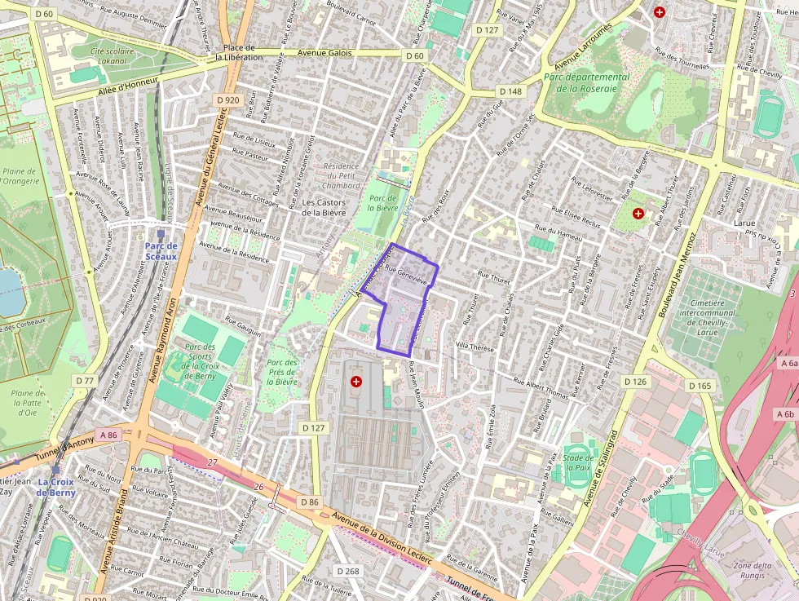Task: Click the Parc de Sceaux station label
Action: pyautogui.click(x=161, y=250)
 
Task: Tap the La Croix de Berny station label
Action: pyautogui.click(x=56, y=487)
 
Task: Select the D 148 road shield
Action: pyautogui.click(x=510, y=91)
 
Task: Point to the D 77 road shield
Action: pyautogui.click(x=85, y=381)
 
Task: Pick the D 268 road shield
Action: pyautogui.click(x=347, y=572)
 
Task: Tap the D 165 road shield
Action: pyautogui.click(x=700, y=385)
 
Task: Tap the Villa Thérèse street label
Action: pyautogui.click(x=475, y=346)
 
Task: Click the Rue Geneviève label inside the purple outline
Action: pyautogui.click(x=407, y=276)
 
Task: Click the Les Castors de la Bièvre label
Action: pyautogui.click(x=324, y=207)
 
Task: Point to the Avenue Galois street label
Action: pyautogui.click(x=324, y=53)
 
